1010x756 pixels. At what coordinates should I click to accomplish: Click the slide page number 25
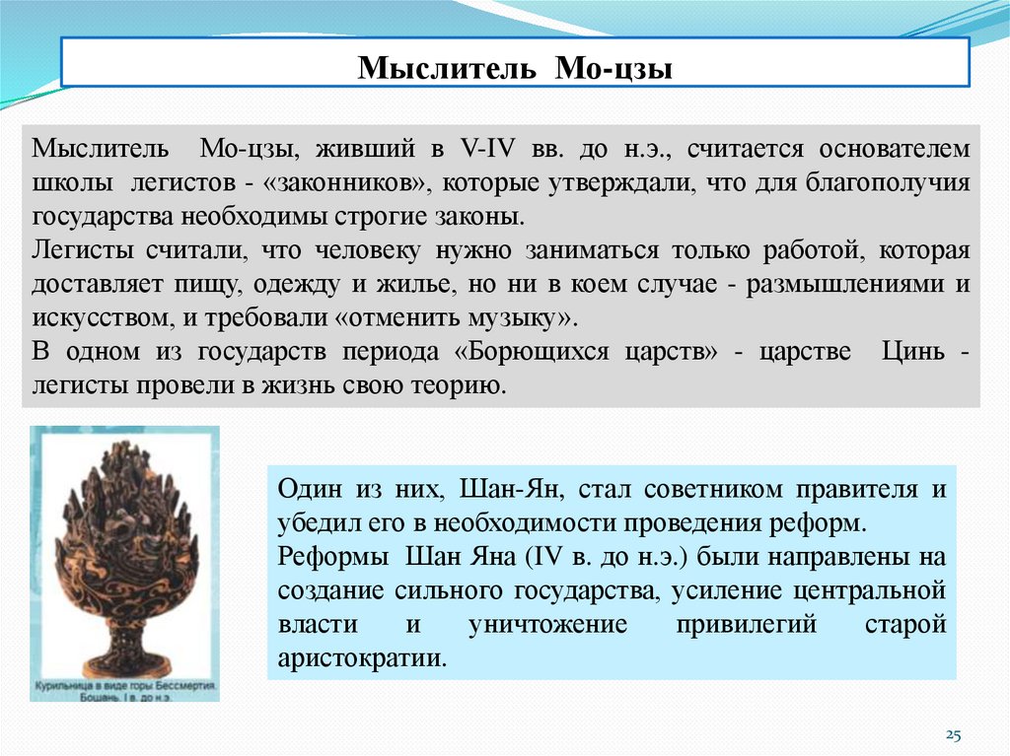click(x=954, y=734)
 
